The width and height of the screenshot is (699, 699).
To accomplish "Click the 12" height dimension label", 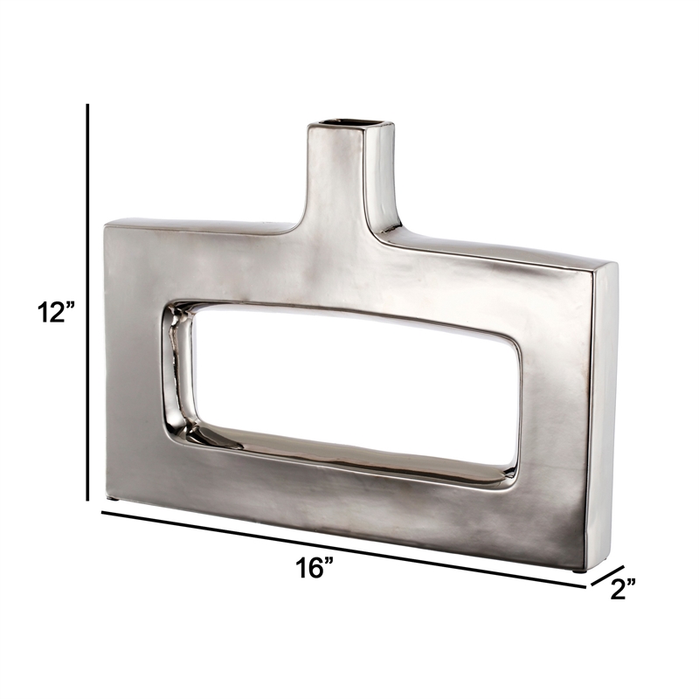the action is click(56, 312).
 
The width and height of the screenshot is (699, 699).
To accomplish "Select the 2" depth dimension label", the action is click(622, 588).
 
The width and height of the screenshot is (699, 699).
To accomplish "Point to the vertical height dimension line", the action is click(88, 302).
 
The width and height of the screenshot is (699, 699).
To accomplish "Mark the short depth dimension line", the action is click(607, 576).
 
